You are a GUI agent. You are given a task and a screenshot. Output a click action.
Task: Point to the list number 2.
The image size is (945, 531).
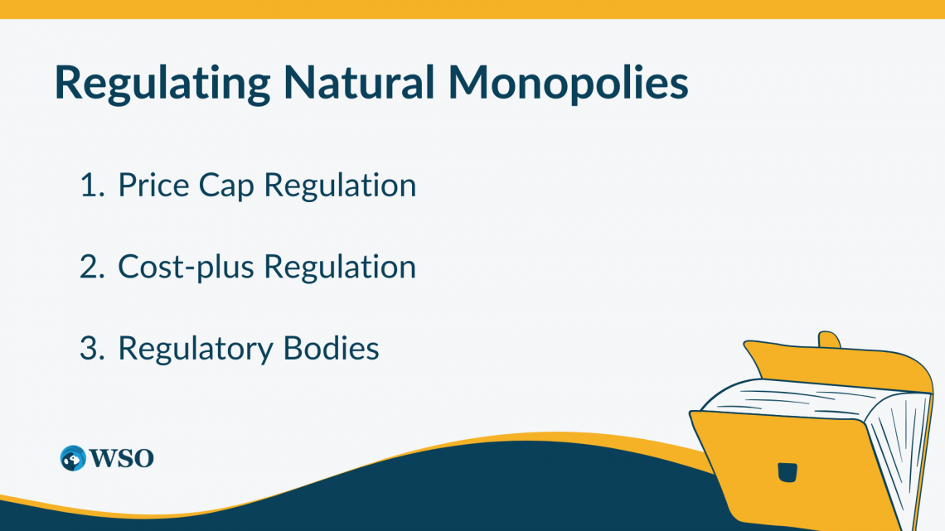[x=89, y=267]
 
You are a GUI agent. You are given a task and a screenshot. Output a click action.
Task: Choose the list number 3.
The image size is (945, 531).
[x=89, y=348]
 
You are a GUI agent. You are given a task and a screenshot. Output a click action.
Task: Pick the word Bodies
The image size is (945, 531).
[x=332, y=348]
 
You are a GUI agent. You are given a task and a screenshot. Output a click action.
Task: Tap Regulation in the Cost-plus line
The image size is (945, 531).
[x=340, y=267]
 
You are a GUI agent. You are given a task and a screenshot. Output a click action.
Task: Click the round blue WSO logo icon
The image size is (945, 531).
[x=73, y=458]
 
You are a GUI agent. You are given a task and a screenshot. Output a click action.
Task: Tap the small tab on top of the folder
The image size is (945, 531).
[x=829, y=340]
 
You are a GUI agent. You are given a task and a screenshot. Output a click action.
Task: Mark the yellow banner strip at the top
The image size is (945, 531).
[x=472, y=8]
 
